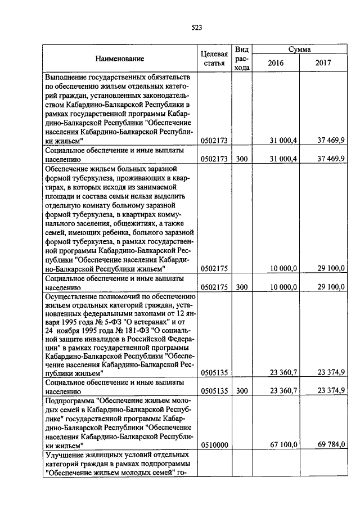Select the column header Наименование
click(x=119, y=58)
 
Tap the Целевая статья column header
click(x=214, y=58)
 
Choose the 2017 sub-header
click(x=323, y=63)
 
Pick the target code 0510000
click(x=214, y=444)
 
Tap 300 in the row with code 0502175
click(x=242, y=287)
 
